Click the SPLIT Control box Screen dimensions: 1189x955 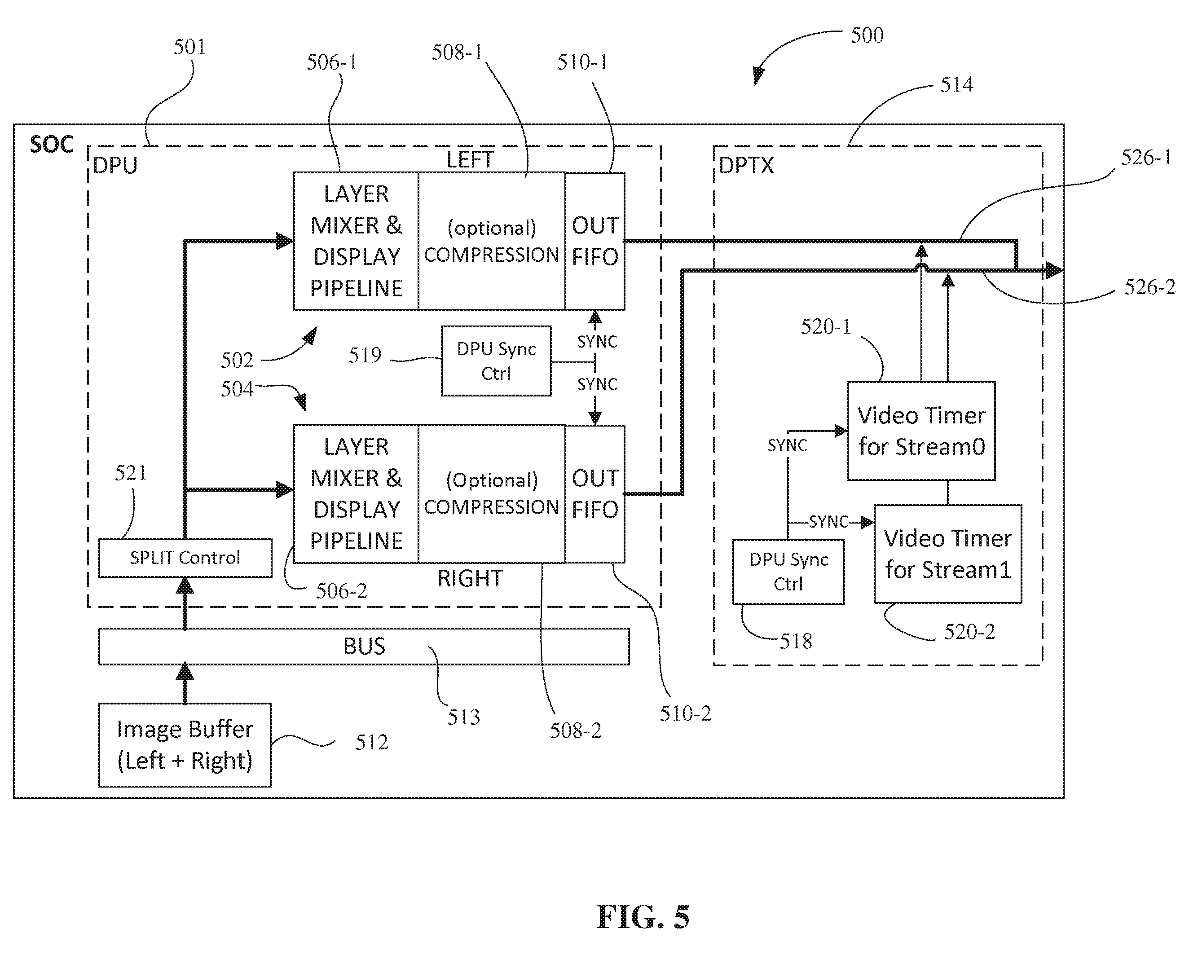185,558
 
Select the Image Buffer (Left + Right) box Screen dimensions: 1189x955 185,745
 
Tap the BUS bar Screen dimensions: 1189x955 364,646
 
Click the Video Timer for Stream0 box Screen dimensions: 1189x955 921,431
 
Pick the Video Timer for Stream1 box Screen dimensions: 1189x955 947,554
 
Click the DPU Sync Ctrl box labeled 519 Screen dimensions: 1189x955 496,361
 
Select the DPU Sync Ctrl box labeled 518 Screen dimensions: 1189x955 788,571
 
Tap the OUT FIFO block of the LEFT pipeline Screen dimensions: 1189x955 595,241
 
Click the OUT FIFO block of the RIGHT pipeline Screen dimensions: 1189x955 595,493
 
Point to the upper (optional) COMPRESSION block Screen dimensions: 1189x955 491,241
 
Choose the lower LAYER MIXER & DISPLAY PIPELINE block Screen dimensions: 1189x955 356,493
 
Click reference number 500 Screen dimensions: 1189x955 867,35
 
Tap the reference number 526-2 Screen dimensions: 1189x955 1150,287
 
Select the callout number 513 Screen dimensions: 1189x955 463,717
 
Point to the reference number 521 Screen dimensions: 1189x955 131,472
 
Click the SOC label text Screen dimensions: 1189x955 51,145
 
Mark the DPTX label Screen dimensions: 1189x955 746,165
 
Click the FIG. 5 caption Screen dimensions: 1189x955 643,917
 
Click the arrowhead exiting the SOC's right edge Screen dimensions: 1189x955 1053,270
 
